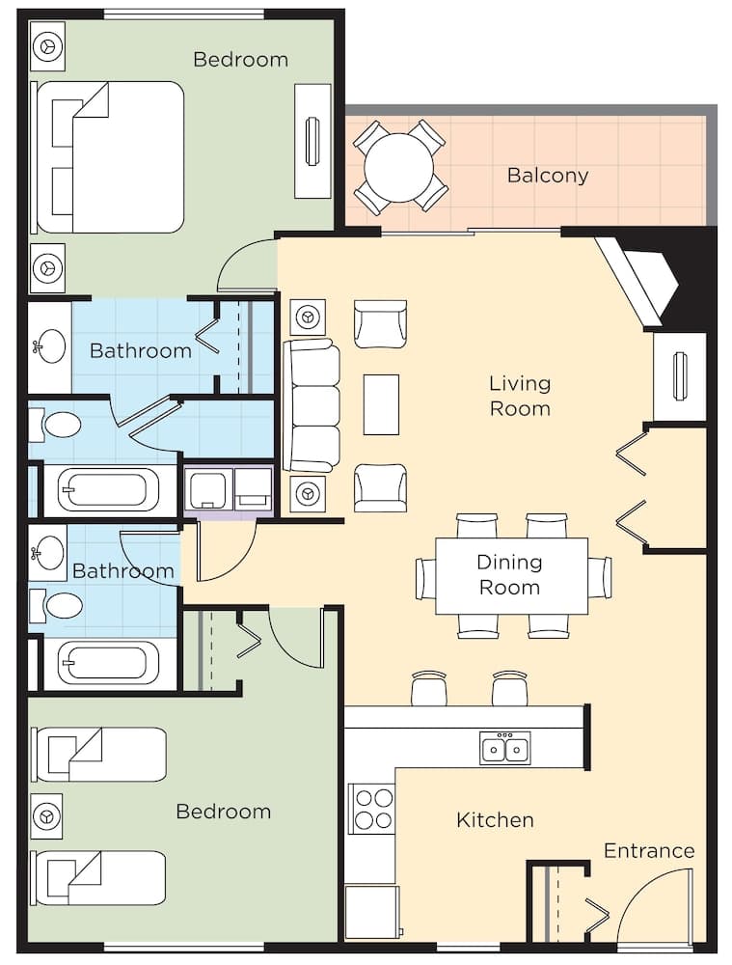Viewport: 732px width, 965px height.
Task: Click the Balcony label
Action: click(x=547, y=176)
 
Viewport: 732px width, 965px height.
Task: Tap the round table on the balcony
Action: click(x=399, y=167)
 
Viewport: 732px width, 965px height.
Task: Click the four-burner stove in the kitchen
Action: click(x=372, y=809)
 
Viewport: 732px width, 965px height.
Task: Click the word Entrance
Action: click(x=648, y=850)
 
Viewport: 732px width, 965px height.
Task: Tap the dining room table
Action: click(x=511, y=575)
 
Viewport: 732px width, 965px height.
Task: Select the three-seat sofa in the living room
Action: click(x=312, y=405)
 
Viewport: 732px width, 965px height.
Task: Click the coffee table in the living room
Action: click(x=381, y=404)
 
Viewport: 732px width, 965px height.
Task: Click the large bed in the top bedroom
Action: click(x=109, y=157)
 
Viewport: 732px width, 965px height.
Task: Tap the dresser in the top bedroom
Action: click(x=312, y=141)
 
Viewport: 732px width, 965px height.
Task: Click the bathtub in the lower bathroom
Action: click(x=107, y=663)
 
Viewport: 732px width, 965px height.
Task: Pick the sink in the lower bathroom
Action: click(x=47, y=553)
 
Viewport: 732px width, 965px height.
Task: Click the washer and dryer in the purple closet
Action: click(x=229, y=490)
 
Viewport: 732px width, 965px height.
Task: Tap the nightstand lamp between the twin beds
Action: click(x=46, y=815)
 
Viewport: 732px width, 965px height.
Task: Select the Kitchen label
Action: click(x=495, y=820)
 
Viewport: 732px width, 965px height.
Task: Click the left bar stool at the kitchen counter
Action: click(x=428, y=688)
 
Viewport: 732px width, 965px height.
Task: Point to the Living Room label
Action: click(x=519, y=396)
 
